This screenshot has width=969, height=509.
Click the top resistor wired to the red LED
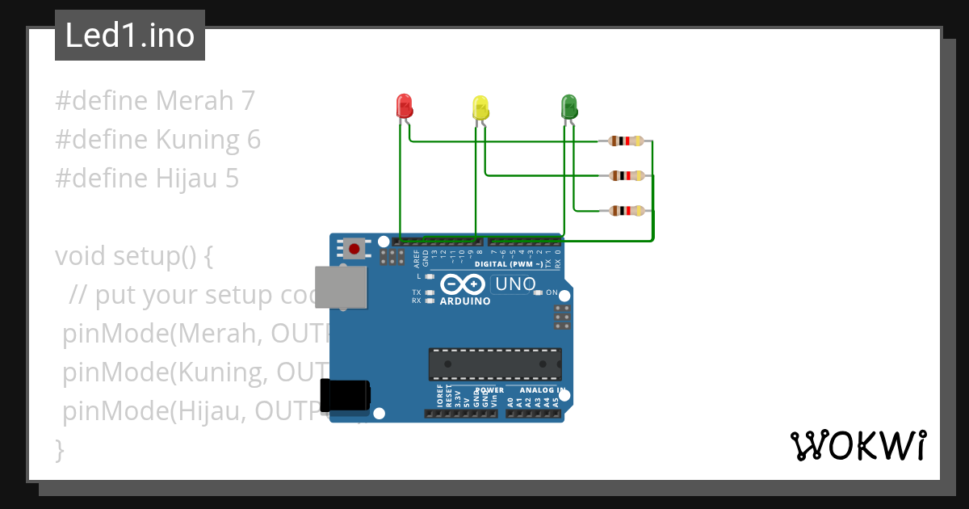tap(626, 141)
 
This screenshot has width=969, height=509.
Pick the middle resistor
tap(626, 175)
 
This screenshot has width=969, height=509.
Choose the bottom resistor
tap(626, 211)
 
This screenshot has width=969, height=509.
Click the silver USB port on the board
tap(338, 287)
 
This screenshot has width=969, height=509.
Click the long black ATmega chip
tap(495, 364)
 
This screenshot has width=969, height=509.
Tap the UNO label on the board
tap(515, 284)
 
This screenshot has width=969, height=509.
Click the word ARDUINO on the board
tap(464, 301)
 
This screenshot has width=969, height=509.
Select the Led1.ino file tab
tap(130, 36)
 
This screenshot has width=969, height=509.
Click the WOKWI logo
tap(858, 445)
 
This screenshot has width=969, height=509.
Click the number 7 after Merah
tap(248, 101)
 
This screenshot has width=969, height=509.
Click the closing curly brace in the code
tap(59, 449)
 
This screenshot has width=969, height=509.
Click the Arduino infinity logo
tap(463, 284)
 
